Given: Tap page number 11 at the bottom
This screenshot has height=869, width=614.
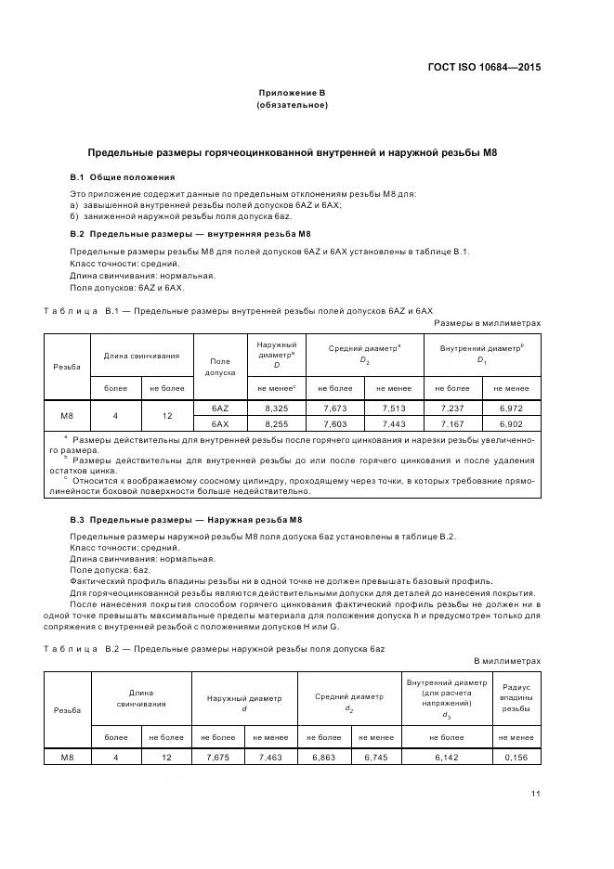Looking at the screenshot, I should click(x=535, y=792).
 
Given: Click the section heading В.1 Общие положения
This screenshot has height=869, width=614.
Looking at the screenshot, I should click(x=122, y=176).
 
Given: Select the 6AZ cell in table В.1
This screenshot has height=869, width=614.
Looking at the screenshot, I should click(x=220, y=408).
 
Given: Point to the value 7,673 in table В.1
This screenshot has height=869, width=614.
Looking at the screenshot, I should click(x=335, y=408).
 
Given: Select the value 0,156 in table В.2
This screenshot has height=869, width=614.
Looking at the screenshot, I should click(x=516, y=758).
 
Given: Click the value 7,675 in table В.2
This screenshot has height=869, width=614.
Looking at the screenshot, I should click(x=217, y=758).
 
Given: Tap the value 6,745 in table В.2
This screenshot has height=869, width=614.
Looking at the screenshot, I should click(x=375, y=758).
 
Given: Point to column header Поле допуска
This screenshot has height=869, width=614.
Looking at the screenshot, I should click(x=220, y=366).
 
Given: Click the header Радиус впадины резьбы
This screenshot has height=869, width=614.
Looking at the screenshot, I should click(x=516, y=697).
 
